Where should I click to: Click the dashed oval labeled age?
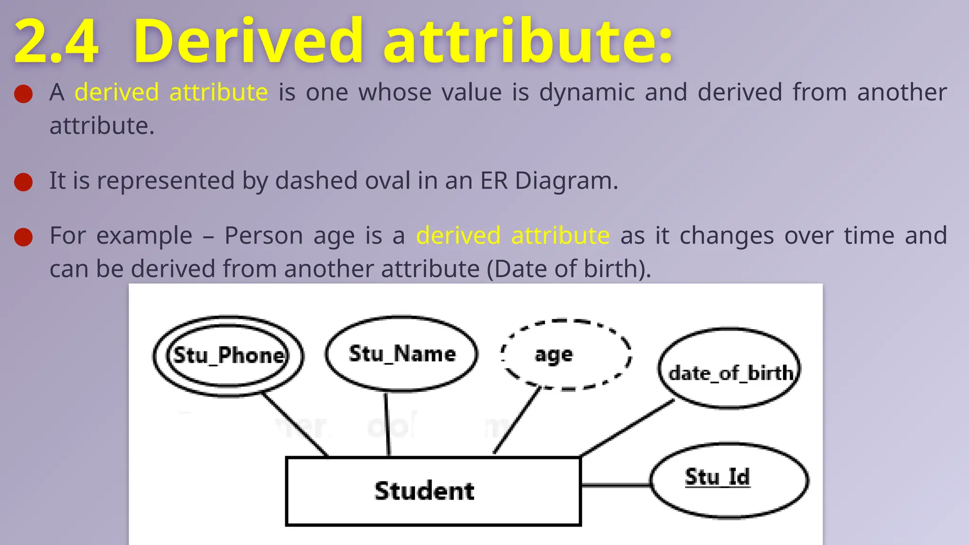tap(566, 355)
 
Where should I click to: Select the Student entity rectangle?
tap(433, 491)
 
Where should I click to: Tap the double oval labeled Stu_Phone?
tap(229, 355)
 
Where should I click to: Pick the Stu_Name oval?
tap(402, 354)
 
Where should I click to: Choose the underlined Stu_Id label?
tap(717, 477)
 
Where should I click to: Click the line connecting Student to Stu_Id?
tap(615, 484)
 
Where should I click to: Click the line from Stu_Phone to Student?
tap(295, 424)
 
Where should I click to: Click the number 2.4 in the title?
tap(56, 42)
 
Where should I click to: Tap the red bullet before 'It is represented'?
tap(23, 182)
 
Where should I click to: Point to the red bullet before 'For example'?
tap(23, 237)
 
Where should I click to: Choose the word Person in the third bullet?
tap(263, 236)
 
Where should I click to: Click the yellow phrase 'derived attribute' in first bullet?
tap(171, 92)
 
